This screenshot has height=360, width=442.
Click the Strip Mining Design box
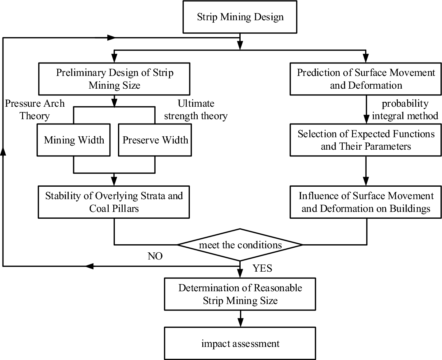(240, 17)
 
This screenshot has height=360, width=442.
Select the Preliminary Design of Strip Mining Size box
(114, 79)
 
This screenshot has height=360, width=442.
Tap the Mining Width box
(73, 140)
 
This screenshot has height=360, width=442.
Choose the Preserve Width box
(155, 140)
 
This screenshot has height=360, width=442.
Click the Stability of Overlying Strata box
(114, 202)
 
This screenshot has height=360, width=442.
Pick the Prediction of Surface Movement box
(366, 79)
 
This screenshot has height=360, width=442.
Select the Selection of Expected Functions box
(366, 140)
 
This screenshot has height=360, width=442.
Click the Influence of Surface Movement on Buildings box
(366, 202)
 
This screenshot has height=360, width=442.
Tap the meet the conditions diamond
(240, 245)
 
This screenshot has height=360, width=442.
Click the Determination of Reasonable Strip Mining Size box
(240, 294)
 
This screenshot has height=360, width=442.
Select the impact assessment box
(240, 344)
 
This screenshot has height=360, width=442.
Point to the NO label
(155, 256)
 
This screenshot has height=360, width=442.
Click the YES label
(262, 268)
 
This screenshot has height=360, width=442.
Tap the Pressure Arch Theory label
(35, 110)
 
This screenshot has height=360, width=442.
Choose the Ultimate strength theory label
(196, 110)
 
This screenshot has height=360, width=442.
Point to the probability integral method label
(405, 110)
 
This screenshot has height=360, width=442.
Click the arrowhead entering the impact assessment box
(240, 323)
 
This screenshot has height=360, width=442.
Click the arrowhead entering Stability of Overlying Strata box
(114, 182)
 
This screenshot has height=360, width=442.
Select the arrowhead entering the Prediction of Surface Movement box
(366, 58)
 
